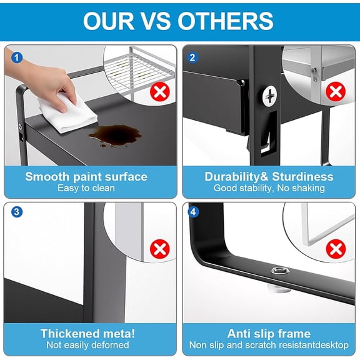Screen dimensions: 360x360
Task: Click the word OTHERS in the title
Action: point(225,21)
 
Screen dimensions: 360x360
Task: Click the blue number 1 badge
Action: point(17,57)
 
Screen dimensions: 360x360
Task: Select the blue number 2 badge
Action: point(192,57)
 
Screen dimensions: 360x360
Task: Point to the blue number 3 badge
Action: point(17,212)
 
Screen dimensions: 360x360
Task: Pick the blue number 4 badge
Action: point(193,212)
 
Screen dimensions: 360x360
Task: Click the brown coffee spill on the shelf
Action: point(116,136)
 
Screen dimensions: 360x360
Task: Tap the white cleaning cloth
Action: point(67,113)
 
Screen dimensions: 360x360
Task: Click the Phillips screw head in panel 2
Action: point(269,96)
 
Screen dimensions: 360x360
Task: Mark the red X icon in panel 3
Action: point(160,249)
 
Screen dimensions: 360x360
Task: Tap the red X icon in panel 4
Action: point(336,249)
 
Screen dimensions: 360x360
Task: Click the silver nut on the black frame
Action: point(279,271)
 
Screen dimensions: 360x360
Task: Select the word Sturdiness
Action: point(302,177)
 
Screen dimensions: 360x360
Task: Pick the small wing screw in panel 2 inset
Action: point(314,73)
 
